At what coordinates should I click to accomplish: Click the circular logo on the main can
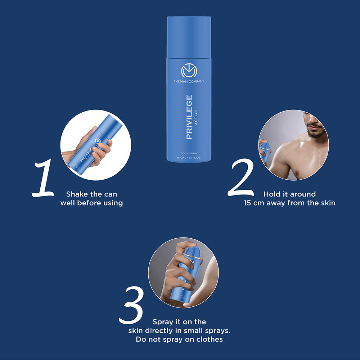click(x=189, y=71)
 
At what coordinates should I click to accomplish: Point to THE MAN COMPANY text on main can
click(x=189, y=82)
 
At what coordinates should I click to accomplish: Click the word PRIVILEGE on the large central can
click(x=189, y=117)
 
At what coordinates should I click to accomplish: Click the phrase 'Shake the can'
click(x=91, y=194)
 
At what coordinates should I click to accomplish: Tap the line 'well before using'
click(x=91, y=203)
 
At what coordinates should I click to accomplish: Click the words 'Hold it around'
click(x=289, y=194)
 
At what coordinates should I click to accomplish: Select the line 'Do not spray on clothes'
click(x=179, y=339)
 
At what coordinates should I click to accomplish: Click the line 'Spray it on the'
click(x=179, y=322)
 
